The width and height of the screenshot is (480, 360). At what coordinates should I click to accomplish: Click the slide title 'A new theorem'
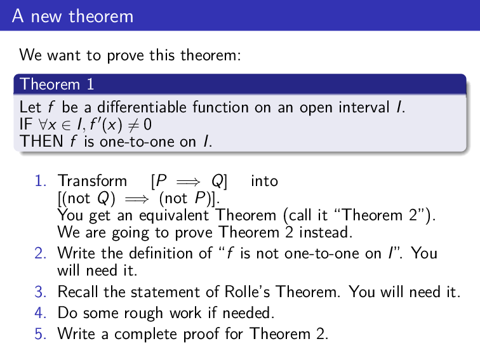point(72,16)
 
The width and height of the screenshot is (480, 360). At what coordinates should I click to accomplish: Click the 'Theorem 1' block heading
point(50,84)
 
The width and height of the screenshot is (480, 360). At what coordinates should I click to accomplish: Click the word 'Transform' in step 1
point(83,182)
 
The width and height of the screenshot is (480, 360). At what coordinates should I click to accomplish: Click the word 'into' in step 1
point(264,182)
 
